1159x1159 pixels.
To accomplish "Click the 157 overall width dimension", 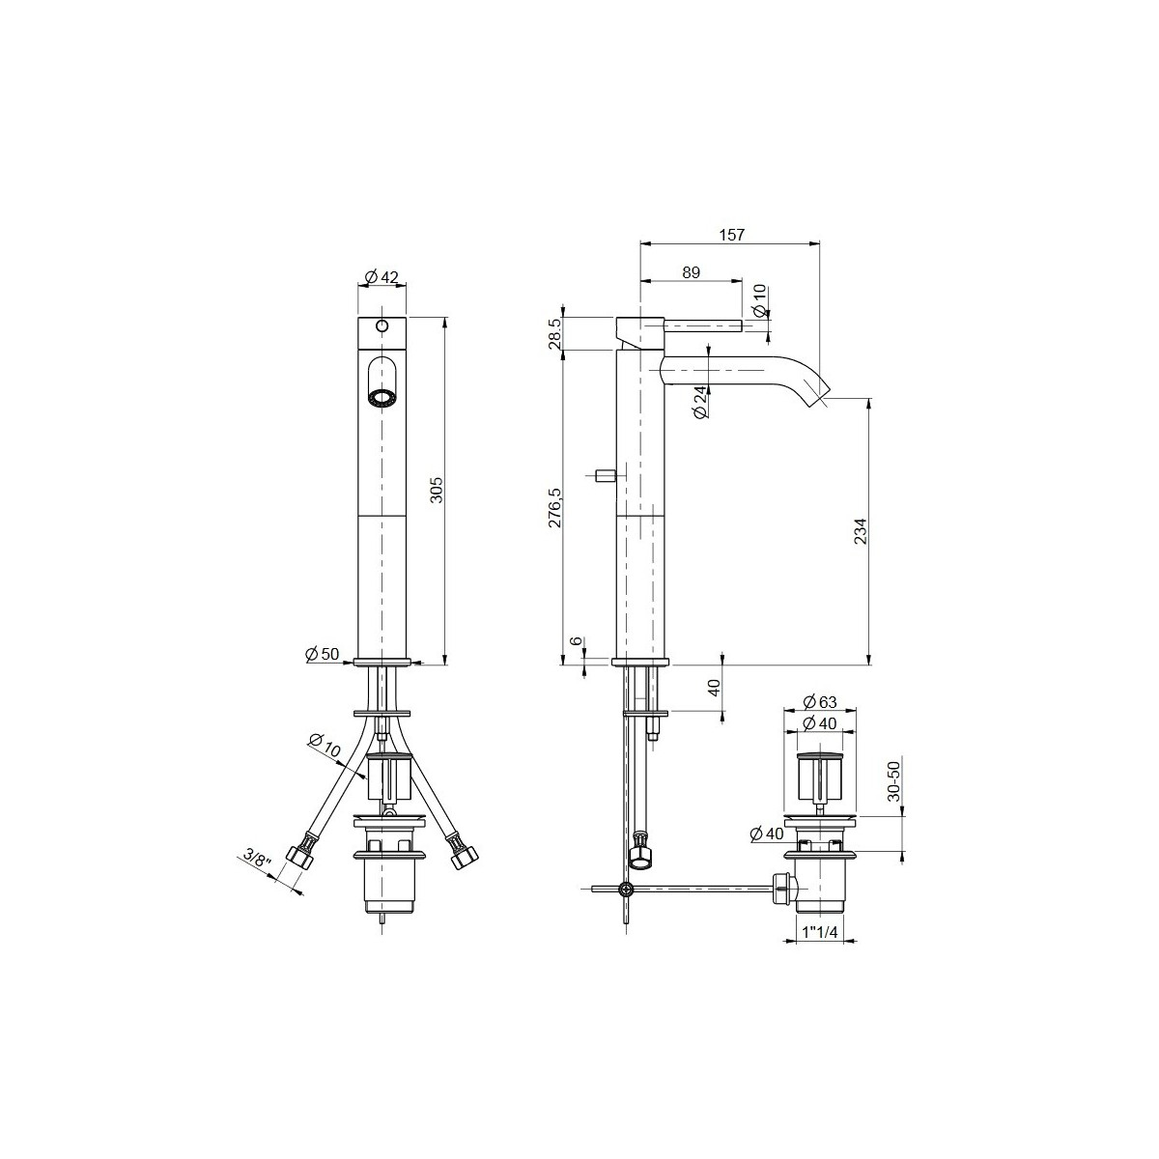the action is click(731, 235).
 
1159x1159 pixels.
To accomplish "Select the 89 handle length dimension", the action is click(692, 272).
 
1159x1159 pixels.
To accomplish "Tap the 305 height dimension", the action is click(438, 490).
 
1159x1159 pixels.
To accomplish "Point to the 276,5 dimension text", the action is click(554, 508).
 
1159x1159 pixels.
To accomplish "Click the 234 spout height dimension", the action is click(861, 531).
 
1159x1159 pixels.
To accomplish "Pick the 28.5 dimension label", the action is click(554, 333).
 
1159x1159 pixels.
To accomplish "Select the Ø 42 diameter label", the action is click(382, 277).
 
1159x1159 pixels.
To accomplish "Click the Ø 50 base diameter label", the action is click(323, 654).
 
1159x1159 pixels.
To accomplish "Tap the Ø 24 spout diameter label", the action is click(700, 402).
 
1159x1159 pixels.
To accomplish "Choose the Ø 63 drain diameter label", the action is click(820, 701).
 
